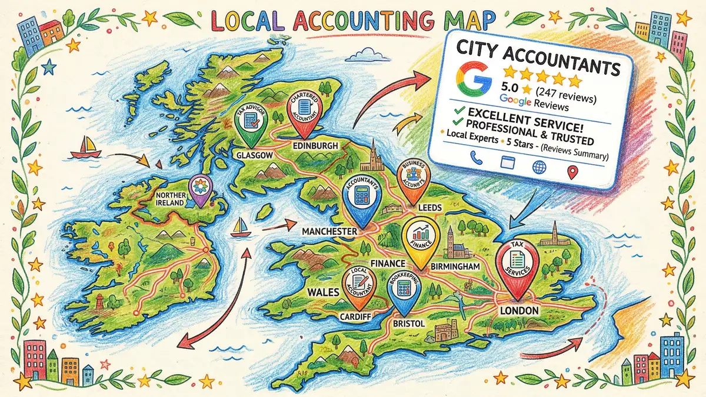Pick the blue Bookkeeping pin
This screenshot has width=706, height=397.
(404, 292)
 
